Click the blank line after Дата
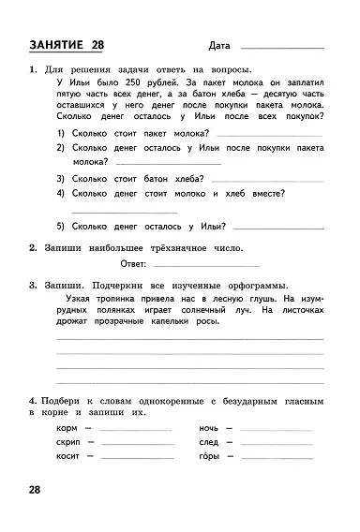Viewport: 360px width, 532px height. [282, 49]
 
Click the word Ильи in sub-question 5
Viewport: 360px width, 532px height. [201, 225]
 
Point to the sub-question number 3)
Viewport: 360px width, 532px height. [60, 177]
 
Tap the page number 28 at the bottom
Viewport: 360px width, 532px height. [35, 490]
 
